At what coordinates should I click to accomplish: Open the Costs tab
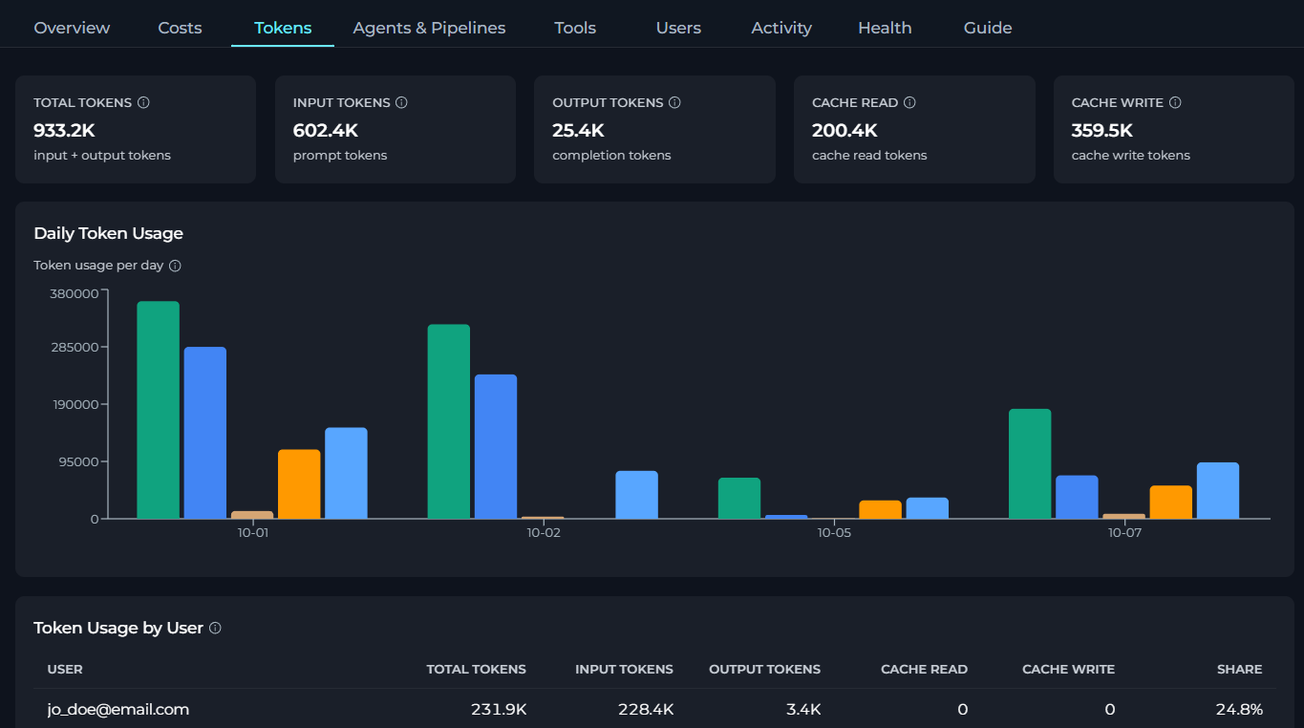[x=180, y=28]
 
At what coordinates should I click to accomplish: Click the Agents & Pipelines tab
[x=429, y=28]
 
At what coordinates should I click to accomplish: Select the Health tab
[x=885, y=28]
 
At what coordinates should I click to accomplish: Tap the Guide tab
[x=988, y=28]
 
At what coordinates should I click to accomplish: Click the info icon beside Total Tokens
[x=143, y=102]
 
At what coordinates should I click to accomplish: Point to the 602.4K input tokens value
[x=326, y=131]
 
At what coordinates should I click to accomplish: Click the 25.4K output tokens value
[x=578, y=131]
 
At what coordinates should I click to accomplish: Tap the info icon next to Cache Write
[x=1175, y=102]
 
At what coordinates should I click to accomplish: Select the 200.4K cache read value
[x=844, y=131]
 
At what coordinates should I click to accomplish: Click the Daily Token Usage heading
[x=108, y=233]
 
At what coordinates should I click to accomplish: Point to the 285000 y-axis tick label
[x=75, y=347]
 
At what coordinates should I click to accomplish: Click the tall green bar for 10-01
[x=158, y=410]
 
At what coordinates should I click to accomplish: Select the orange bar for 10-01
[x=299, y=484]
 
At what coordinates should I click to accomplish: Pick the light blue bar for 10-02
[x=636, y=495]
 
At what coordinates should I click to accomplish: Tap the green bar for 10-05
[x=738, y=498]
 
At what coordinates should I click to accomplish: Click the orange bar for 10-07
[x=1170, y=502]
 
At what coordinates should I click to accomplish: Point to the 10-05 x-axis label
[x=834, y=533]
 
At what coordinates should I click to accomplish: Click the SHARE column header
[x=1239, y=669]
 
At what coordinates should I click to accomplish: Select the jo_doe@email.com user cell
[x=118, y=709]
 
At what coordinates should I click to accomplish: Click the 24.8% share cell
[x=1239, y=709]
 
